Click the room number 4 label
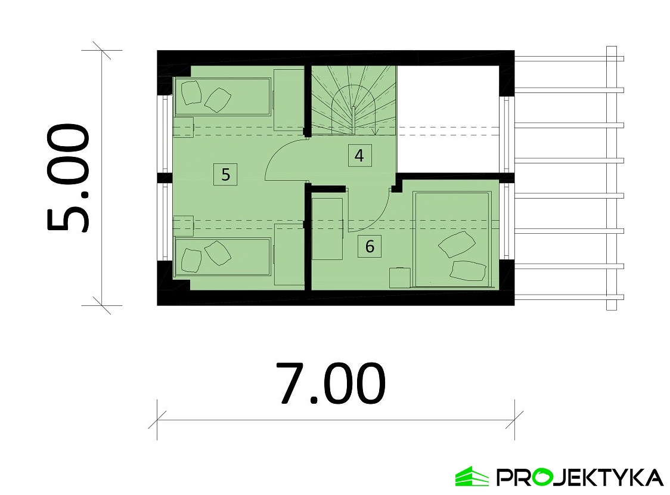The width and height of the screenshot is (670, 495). pyautogui.click(x=359, y=156)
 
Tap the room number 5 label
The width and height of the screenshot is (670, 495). pyautogui.click(x=225, y=174)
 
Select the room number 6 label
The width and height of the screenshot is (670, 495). pyautogui.click(x=370, y=246)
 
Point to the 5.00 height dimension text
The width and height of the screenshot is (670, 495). pyautogui.click(x=68, y=178)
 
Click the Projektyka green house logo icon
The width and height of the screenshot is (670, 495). pyautogui.click(x=472, y=476)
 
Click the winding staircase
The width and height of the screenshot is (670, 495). pyautogui.click(x=354, y=100)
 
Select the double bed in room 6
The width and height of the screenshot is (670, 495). pyautogui.click(x=452, y=239)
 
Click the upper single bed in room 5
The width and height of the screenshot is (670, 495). pyautogui.click(x=222, y=97)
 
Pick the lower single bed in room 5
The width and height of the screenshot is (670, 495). pyautogui.click(x=222, y=257)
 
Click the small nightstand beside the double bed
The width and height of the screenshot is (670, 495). pyautogui.click(x=400, y=277)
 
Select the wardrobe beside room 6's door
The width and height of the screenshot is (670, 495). pyautogui.click(x=328, y=228)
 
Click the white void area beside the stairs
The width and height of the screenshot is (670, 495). pyautogui.click(x=448, y=119)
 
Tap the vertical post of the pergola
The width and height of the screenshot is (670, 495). pyautogui.click(x=612, y=178)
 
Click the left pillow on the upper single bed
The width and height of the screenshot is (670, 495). pyautogui.click(x=191, y=93)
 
